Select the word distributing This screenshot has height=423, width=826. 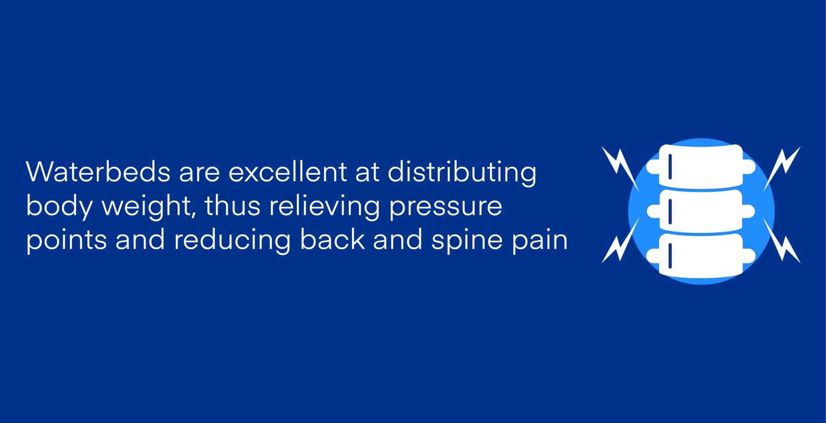click(x=462, y=174)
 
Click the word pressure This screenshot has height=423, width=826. click(x=446, y=208)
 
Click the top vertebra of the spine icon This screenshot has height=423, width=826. click(x=701, y=166)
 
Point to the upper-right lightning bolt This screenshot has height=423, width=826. click(x=782, y=169)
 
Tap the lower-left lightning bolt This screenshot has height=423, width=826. click(x=620, y=241)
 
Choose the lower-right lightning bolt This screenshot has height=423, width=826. click(x=782, y=241)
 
